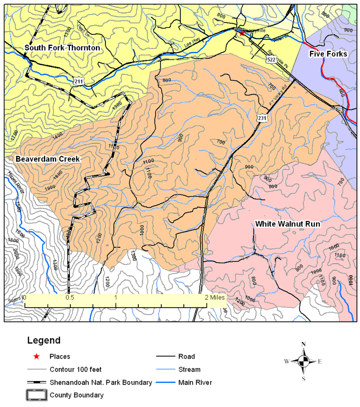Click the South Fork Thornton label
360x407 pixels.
[x=62, y=48]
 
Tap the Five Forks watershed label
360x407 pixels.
[x=328, y=54]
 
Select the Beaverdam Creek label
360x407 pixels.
[x=48, y=159]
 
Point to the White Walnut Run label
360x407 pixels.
[x=288, y=224]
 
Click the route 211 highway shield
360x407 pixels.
[x=78, y=81]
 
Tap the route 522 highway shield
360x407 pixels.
[x=271, y=59]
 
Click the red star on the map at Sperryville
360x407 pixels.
[x=242, y=33]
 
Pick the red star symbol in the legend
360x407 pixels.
[x=36, y=357]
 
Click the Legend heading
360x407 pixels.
[x=43, y=341]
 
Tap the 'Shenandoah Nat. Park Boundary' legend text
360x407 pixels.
[x=100, y=383]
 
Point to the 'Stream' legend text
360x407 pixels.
[x=189, y=370]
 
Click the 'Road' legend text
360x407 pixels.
[x=186, y=357]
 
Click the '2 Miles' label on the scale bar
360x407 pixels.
[x=214, y=297]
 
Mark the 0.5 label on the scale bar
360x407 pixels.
[x=70, y=297]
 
